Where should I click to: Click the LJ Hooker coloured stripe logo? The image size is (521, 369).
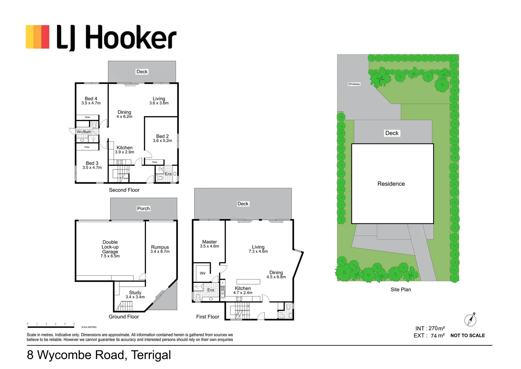(38, 37)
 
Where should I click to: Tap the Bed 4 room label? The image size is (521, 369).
(91, 98)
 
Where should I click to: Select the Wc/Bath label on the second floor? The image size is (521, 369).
(84, 132)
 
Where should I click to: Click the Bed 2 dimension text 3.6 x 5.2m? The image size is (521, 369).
(162, 141)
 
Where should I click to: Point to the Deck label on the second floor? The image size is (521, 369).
(142, 72)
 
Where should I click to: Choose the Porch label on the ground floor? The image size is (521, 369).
(143, 208)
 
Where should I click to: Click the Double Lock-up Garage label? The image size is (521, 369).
(110, 247)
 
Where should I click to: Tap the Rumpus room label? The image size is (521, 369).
(160, 247)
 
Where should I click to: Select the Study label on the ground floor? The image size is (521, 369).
(135, 292)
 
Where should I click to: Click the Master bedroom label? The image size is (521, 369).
(209, 242)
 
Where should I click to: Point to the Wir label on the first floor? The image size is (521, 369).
(203, 273)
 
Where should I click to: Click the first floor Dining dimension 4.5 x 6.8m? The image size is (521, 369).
(276, 277)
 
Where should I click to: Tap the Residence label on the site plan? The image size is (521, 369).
(391, 184)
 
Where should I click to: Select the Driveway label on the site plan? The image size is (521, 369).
(354, 84)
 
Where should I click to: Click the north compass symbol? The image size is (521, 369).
(471, 320)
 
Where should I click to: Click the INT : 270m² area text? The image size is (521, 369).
(430, 328)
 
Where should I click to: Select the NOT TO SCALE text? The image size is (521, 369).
(467, 336)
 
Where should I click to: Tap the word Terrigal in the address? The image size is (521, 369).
(151, 355)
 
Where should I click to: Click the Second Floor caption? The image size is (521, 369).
(124, 190)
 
